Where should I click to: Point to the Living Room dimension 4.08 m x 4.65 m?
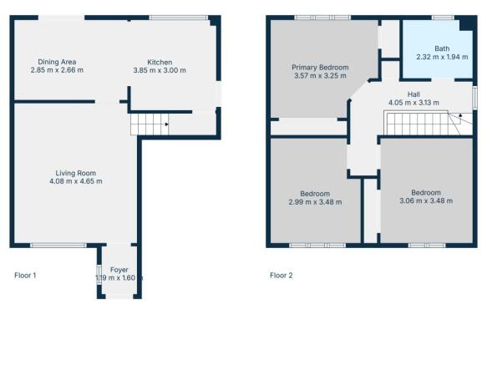click(x=75, y=181)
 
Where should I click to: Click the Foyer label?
click(x=119, y=270)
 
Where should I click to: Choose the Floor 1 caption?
click(x=25, y=275)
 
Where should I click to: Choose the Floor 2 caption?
click(x=281, y=275)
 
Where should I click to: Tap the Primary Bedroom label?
click(x=320, y=68)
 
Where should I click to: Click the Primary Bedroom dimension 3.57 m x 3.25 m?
click(x=320, y=76)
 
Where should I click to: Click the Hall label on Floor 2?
click(x=413, y=94)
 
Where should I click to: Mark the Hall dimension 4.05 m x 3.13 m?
click(x=413, y=104)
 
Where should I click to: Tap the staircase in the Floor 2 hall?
click(x=422, y=125)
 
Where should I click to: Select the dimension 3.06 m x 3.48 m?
click(x=425, y=200)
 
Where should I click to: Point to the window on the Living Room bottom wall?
click(x=58, y=245)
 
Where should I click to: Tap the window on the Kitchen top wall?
click(x=178, y=17)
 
